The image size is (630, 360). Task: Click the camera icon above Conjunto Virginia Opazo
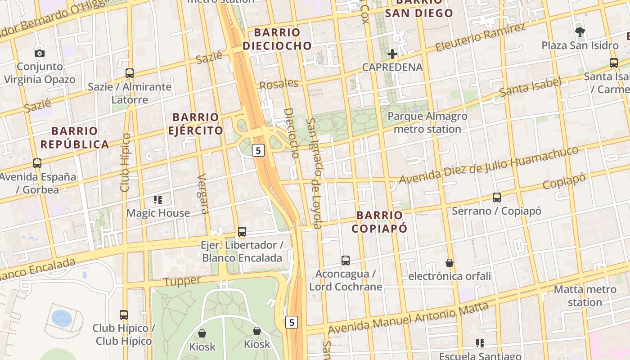pyautogui.click(x=40, y=54)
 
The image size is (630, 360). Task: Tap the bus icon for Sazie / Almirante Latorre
pyautogui.click(x=130, y=73)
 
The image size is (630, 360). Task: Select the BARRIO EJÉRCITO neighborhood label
pyautogui.click(x=195, y=124)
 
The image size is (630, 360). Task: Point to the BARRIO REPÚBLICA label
pyautogui.click(x=74, y=138)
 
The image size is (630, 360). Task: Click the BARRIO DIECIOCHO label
pyautogui.click(x=277, y=39)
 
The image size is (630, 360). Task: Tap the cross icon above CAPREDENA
pyautogui.click(x=392, y=54)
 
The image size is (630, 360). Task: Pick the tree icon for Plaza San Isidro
pyautogui.click(x=580, y=32)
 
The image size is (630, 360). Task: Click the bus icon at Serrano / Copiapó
pyautogui.click(x=497, y=198)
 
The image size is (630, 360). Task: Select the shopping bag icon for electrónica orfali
pyautogui.click(x=449, y=263)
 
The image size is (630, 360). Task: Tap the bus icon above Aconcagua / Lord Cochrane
pyautogui.click(x=346, y=261)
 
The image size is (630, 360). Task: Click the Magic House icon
pyautogui.click(x=158, y=199)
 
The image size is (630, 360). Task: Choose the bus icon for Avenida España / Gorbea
pyautogui.click(x=37, y=163)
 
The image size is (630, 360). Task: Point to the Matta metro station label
pyautogui.click(x=585, y=296)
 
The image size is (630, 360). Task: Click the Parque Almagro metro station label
pyautogui.click(x=427, y=122)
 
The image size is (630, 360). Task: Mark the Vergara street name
pyautogui.click(x=203, y=193)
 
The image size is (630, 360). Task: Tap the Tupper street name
pyautogui.click(x=182, y=281)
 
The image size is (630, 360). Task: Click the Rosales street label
pyautogui.click(x=279, y=84)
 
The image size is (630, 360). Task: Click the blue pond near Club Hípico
pyautogui.click(x=62, y=318)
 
